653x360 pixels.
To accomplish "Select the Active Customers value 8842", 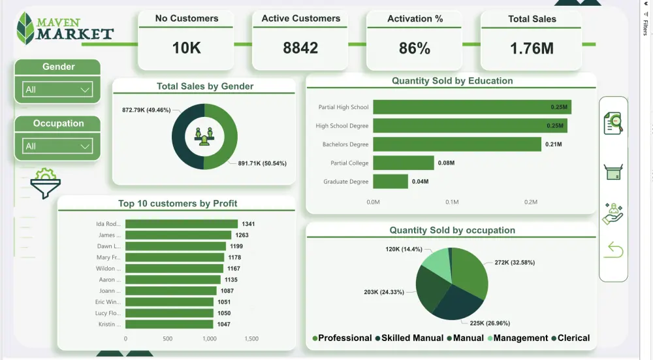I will tap(300, 48).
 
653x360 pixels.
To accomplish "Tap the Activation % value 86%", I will tap(415, 48).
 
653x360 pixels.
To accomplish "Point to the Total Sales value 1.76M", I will tap(532, 48).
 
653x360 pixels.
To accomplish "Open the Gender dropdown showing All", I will tap(57, 90).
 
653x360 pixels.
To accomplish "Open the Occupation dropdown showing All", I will tap(57, 146).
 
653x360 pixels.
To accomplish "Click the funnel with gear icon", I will tap(45, 183).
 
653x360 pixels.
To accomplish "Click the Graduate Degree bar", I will tap(390, 182).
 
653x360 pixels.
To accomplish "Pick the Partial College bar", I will tap(403, 163).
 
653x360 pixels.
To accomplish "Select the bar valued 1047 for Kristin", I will tap(169, 324).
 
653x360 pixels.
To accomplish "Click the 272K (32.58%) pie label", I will tap(515, 263).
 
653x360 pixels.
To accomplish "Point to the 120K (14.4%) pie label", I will tap(404, 249).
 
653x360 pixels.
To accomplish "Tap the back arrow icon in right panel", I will tap(613, 249).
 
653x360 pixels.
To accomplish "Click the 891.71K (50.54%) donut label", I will tap(262, 163).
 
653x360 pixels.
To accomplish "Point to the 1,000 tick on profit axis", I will tap(210, 339).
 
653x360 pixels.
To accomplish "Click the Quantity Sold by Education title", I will tap(452, 81).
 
